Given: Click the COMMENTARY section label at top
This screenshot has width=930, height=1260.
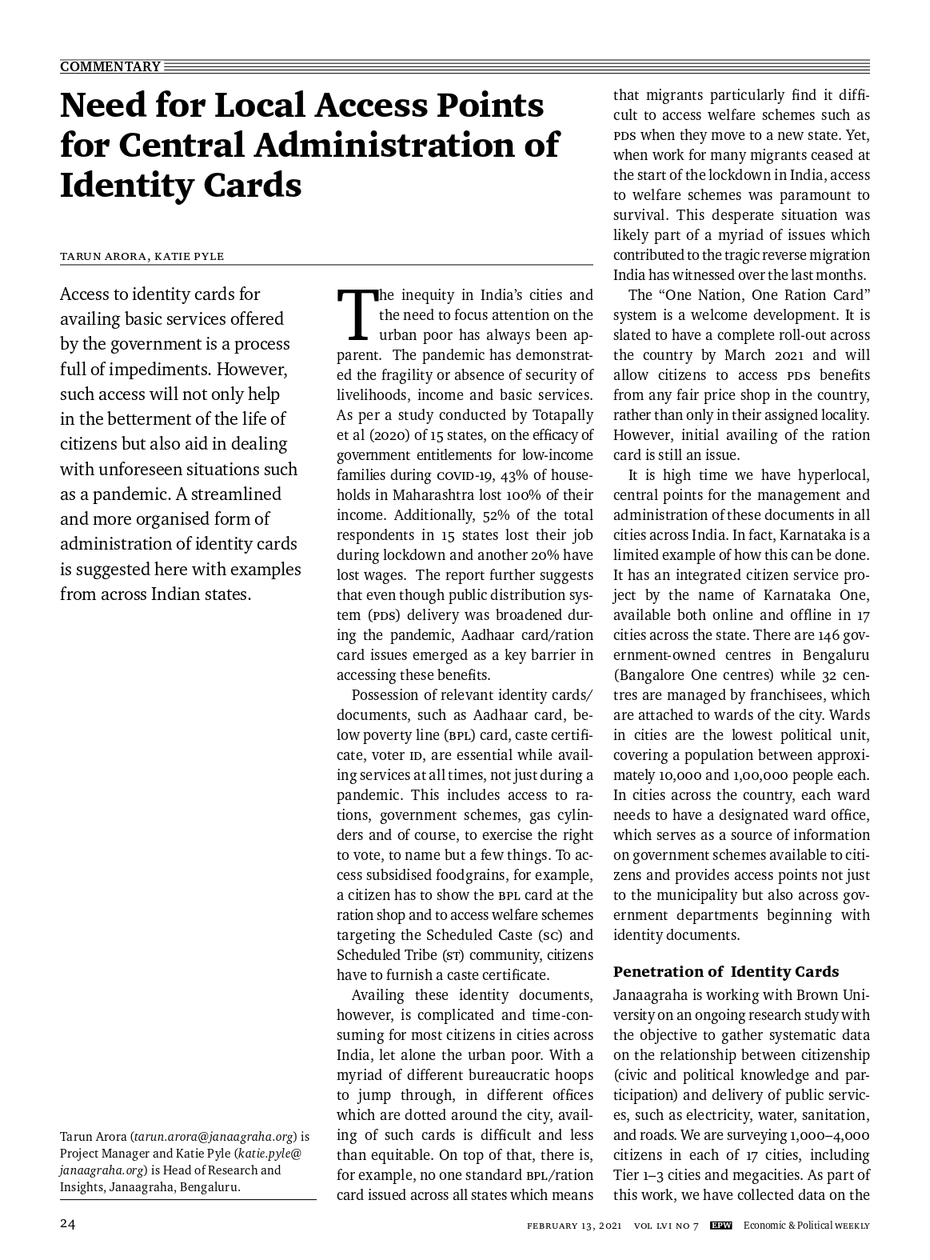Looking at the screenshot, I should [x=110, y=66].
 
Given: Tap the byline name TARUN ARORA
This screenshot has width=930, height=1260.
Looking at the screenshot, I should [x=102, y=256].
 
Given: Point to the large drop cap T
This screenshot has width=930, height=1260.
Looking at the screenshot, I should [x=355, y=314].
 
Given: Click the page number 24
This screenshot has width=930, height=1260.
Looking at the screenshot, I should [x=68, y=1225].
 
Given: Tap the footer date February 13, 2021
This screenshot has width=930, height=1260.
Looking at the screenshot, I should [x=574, y=1226].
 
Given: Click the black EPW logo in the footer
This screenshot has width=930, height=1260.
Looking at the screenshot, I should [x=721, y=1226].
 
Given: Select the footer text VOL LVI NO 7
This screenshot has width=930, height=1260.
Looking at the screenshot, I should [x=666, y=1226].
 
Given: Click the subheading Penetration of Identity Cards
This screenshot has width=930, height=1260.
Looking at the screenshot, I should [x=725, y=971].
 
